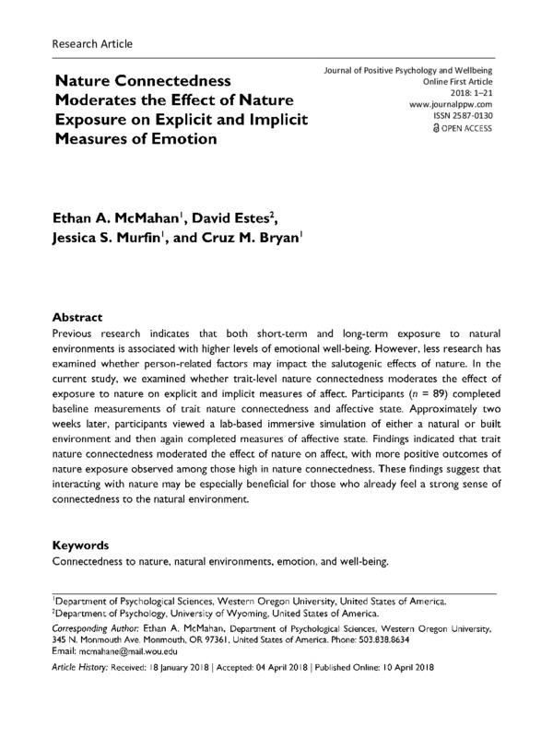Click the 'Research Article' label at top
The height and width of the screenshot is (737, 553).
tap(93, 42)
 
